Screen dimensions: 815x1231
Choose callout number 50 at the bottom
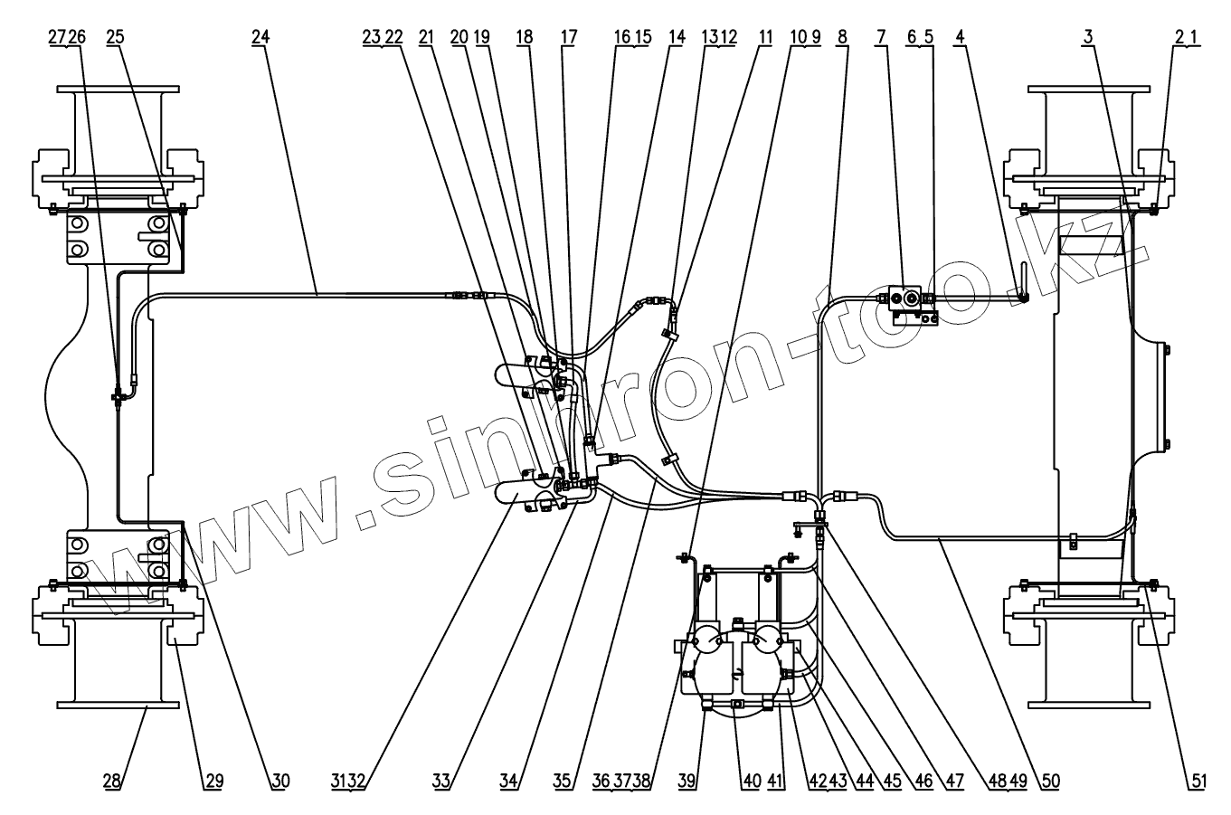tap(1050, 781)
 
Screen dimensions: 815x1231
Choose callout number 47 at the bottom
tap(953, 781)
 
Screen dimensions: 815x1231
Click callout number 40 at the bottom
tap(751, 781)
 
